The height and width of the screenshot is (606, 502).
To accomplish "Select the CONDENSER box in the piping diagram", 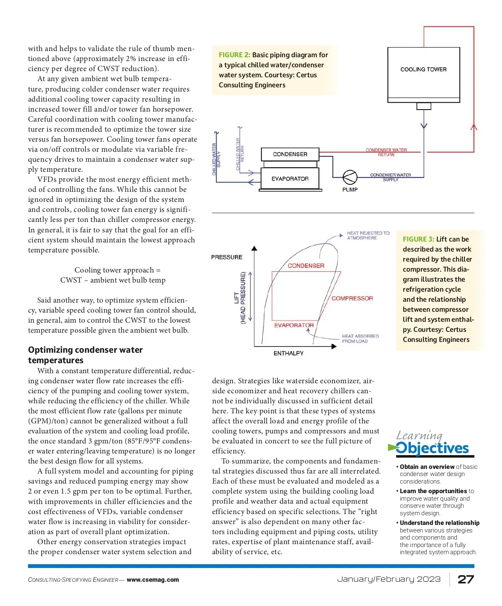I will [x=290, y=154].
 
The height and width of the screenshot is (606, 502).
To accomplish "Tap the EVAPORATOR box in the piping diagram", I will [x=290, y=178].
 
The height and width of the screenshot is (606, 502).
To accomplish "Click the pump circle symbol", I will [x=350, y=178].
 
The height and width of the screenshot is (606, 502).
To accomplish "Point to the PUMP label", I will [x=350, y=190].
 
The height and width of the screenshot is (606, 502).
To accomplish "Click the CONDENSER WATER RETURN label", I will [x=386, y=152].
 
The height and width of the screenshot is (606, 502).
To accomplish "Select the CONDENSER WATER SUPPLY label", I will [x=390, y=177].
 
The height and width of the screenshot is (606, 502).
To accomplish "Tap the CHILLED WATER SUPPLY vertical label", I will [x=216, y=159].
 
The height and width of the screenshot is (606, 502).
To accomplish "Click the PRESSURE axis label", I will [x=226, y=257].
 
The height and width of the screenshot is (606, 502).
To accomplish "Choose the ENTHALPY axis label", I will [x=288, y=353].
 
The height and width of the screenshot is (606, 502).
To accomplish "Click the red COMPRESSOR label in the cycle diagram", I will [x=352, y=298].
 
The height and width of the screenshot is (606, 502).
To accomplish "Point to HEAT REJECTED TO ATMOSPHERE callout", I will [x=368, y=235].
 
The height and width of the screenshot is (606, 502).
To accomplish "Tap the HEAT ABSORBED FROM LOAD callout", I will [x=360, y=339].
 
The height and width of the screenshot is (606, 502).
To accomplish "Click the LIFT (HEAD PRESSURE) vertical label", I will [x=240, y=298].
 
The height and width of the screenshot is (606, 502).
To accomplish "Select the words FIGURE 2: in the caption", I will [x=234, y=55].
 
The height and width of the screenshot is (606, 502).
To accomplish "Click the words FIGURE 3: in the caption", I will [x=418, y=239].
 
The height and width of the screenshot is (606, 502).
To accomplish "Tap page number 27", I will [x=466, y=579].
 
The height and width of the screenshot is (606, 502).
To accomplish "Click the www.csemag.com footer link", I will [x=153, y=580].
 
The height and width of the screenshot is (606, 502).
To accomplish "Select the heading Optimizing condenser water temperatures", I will [x=85, y=355].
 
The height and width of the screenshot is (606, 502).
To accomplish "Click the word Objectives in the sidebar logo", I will [x=432, y=448].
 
